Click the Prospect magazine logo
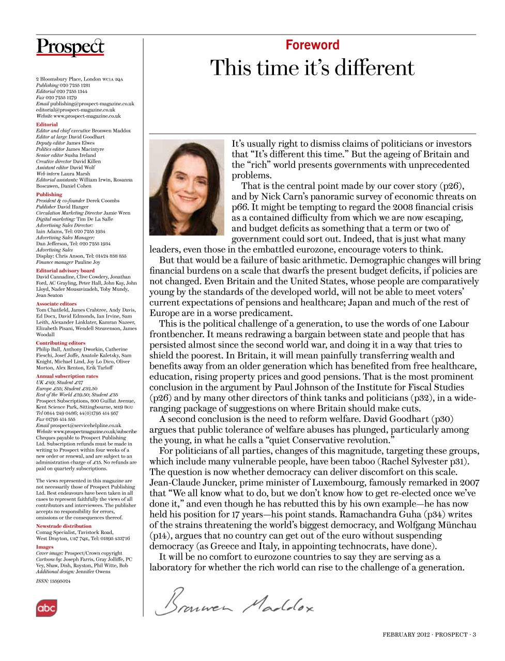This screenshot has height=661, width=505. pyautogui.click(x=70, y=46)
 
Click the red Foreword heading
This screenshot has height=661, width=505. pyautogui.click(x=312, y=45)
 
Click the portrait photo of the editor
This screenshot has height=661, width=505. pyautogui.click(x=187, y=187)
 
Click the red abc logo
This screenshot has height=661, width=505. pyautogui.click(x=46, y=608)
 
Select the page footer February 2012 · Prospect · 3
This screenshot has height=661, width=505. pyautogui.click(x=429, y=635)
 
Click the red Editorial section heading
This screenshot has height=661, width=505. pyautogui.click(x=47, y=124)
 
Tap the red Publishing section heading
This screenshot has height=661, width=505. pyautogui.click(x=49, y=195)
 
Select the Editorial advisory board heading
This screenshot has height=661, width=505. pyautogui.click(x=65, y=271)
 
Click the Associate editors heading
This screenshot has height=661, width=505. pyautogui.click(x=56, y=304)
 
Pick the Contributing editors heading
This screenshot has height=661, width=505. pyautogui.click(x=60, y=343)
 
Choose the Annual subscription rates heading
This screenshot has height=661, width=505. pyautogui.click(x=67, y=376)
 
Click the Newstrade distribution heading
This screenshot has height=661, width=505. pyautogui.click(x=64, y=526)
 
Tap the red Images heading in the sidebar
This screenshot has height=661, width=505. pyautogui.click(x=44, y=547)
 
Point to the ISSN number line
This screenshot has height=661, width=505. pyautogui.click(x=53, y=581)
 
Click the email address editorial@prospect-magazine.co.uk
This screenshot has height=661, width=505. pyautogui.click(x=75, y=110)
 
